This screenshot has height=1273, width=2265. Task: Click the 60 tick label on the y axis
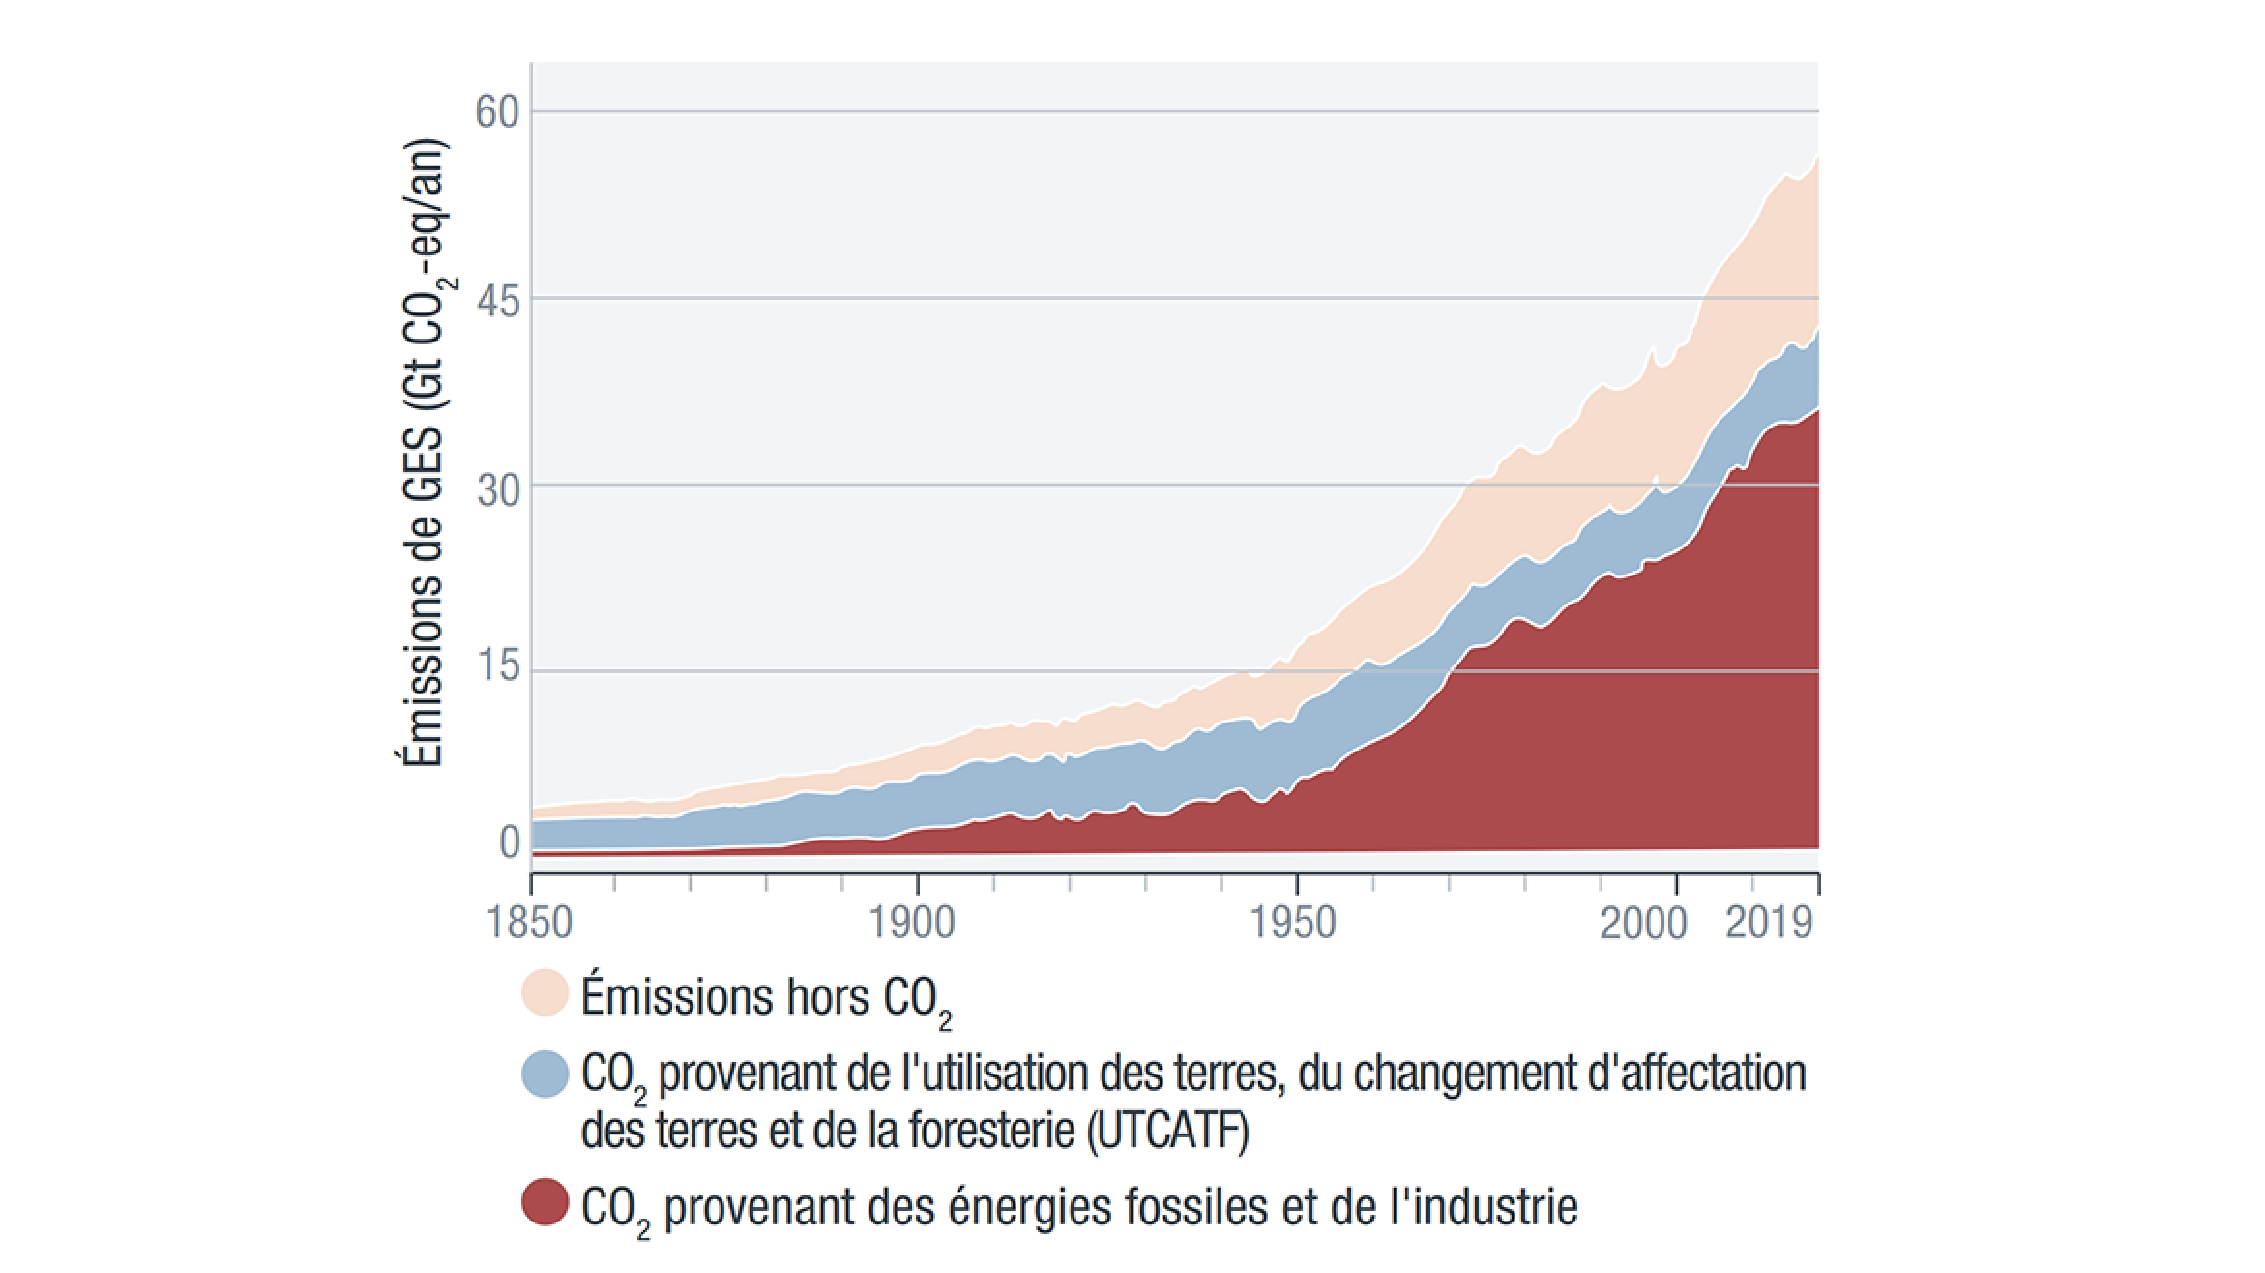click(x=497, y=112)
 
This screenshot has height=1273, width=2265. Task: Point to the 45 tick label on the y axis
click(x=497, y=302)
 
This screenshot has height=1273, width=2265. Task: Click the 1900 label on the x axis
click(x=911, y=922)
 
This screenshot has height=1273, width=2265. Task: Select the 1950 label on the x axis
click(x=1293, y=922)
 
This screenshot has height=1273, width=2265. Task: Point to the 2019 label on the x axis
click(x=1769, y=922)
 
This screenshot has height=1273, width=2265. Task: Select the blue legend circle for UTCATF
click(x=545, y=1073)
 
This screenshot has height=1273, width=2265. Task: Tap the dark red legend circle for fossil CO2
click(x=545, y=1202)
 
